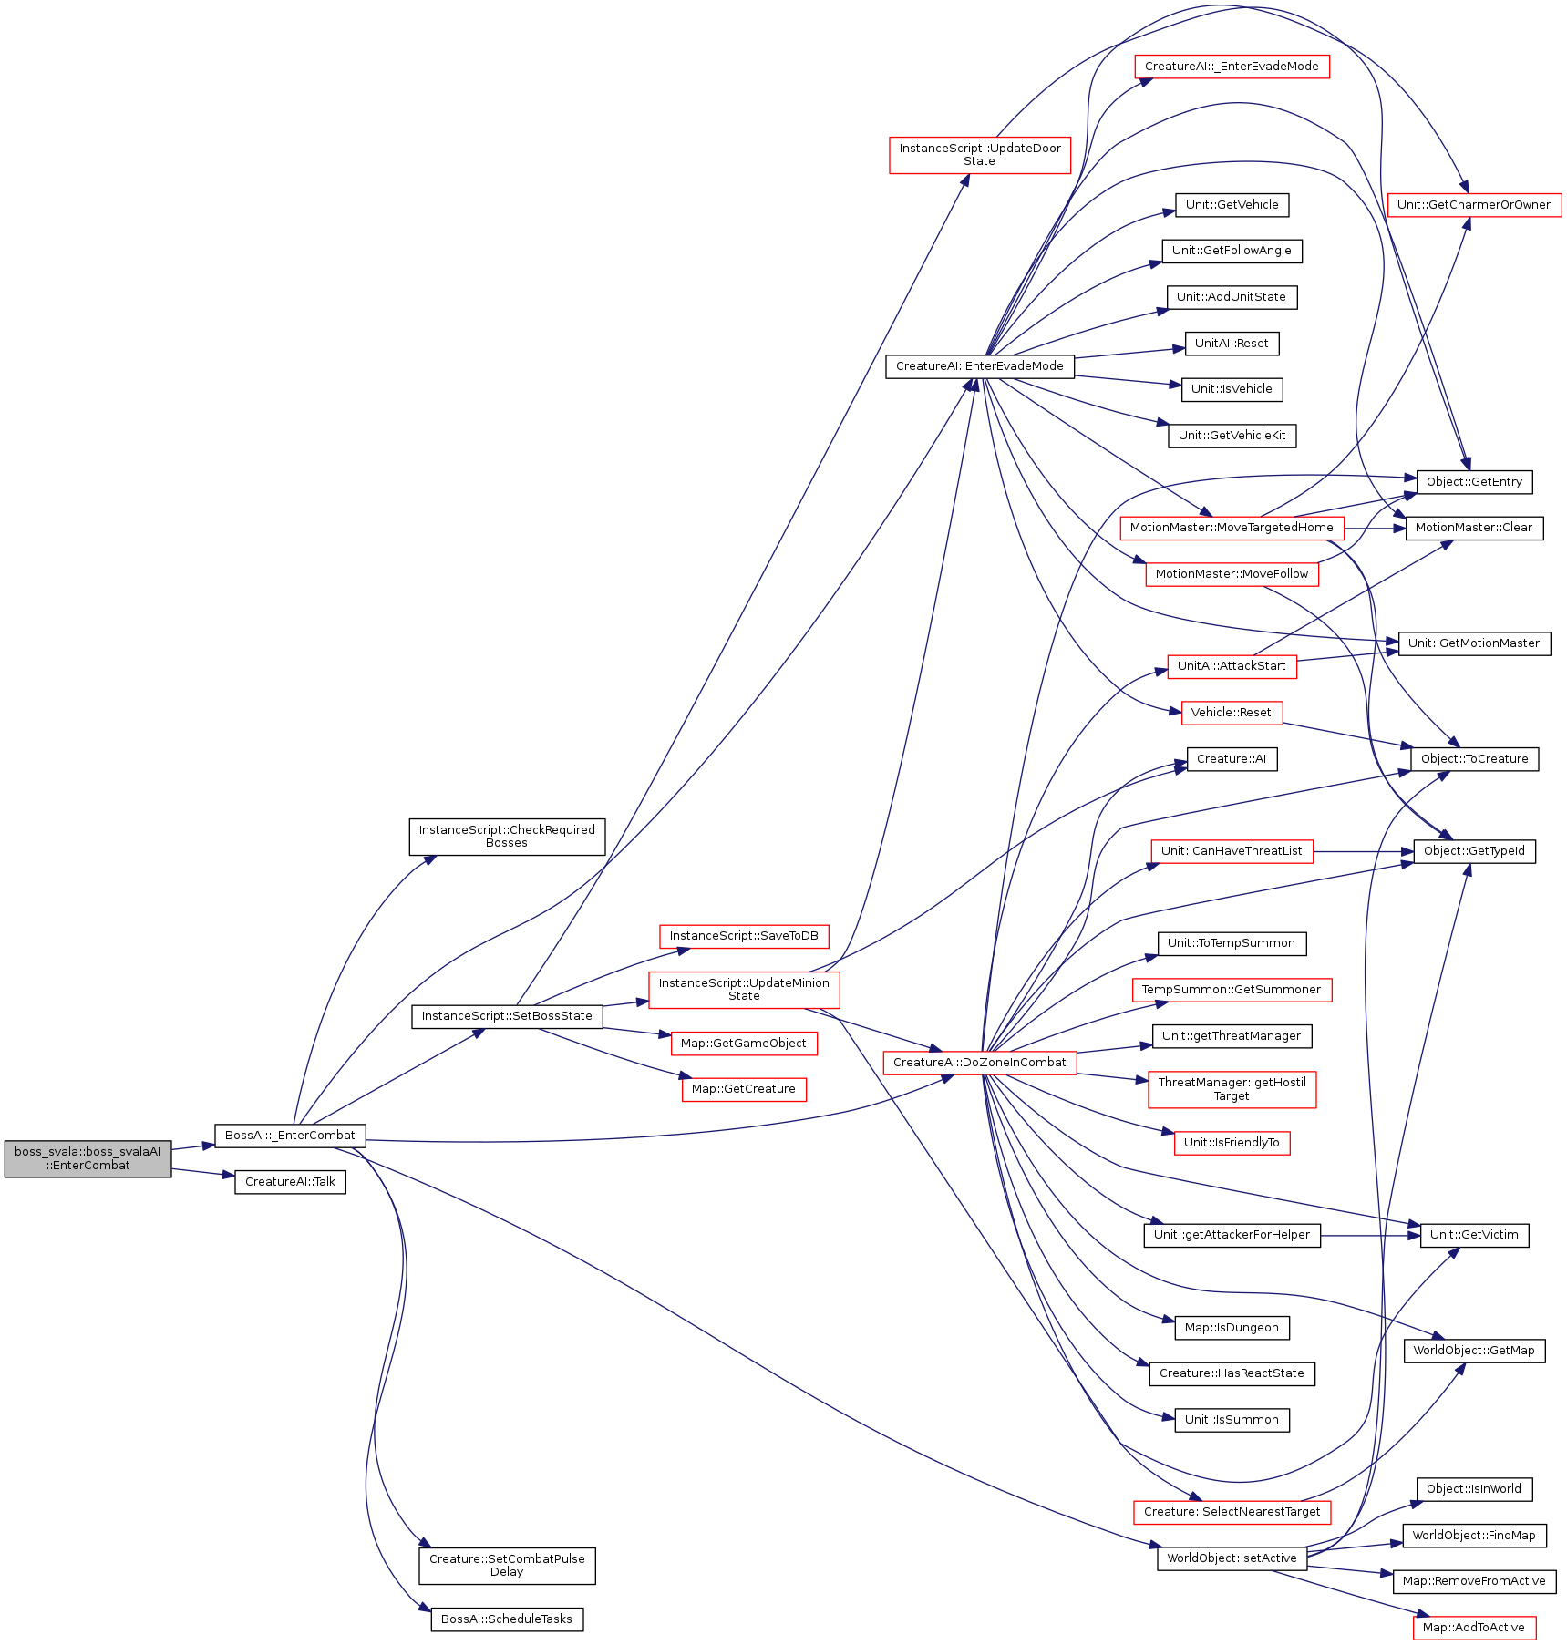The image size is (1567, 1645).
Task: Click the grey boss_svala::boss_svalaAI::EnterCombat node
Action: point(88,1158)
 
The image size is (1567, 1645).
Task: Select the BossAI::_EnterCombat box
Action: point(290,1136)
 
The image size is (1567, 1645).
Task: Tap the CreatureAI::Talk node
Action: point(290,1182)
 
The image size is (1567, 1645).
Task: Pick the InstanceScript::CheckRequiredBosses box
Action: point(507,837)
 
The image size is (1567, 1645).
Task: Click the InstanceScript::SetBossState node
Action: point(507,1016)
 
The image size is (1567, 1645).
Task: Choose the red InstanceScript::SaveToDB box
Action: point(744,936)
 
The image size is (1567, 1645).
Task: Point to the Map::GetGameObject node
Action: point(744,1044)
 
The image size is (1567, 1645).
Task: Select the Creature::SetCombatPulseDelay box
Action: point(507,1566)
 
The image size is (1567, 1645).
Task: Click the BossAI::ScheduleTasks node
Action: point(507,1619)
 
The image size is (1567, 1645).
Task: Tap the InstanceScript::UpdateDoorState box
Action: point(980,155)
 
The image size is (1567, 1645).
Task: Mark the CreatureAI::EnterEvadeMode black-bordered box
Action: point(980,366)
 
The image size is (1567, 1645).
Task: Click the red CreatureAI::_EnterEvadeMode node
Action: point(1232,67)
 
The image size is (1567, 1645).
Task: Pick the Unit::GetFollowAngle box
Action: point(1232,251)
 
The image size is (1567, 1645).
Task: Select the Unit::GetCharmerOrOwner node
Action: point(1474,205)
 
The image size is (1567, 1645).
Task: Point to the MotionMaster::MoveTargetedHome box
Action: point(1232,528)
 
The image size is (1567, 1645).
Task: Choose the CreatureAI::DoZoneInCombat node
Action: point(980,1063)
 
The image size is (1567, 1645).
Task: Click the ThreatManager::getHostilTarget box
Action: point(1232,1089)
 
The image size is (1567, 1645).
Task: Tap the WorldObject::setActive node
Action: point(1232,1558)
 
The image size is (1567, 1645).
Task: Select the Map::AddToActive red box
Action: point(1474,1628)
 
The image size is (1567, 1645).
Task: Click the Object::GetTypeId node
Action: point(1474,851)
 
